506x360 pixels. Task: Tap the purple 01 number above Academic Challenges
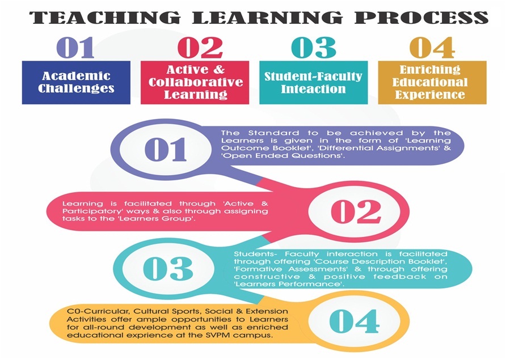click(75, 48)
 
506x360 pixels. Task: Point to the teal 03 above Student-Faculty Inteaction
click(314, 48)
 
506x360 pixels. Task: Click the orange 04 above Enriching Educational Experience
click(432, 48)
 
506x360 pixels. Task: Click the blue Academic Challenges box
click(76, 83)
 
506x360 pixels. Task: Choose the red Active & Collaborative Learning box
click(195, 83)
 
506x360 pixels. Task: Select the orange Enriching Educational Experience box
click(432, 83)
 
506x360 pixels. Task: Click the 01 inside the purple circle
click(166, 150)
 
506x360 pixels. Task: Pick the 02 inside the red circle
click(356, 211)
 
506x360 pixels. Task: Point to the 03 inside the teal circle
click(168, 268)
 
